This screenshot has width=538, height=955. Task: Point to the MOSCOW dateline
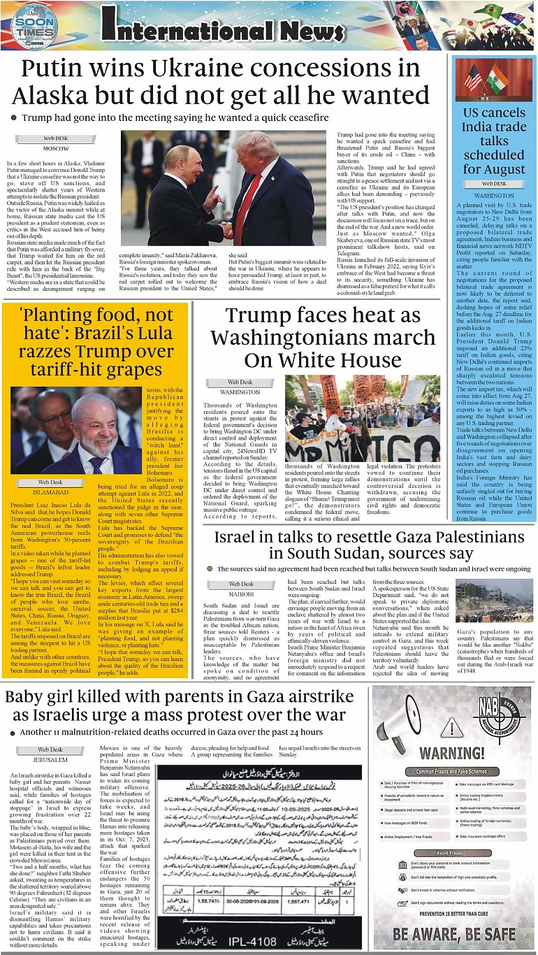click(55, 148)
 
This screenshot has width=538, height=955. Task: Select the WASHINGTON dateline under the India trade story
click(493, 196)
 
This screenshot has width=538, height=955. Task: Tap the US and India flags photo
click(493, 80)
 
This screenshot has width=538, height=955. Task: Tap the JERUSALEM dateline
click(50, 759)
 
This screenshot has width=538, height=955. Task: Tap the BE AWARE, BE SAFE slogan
click(454, 933)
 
